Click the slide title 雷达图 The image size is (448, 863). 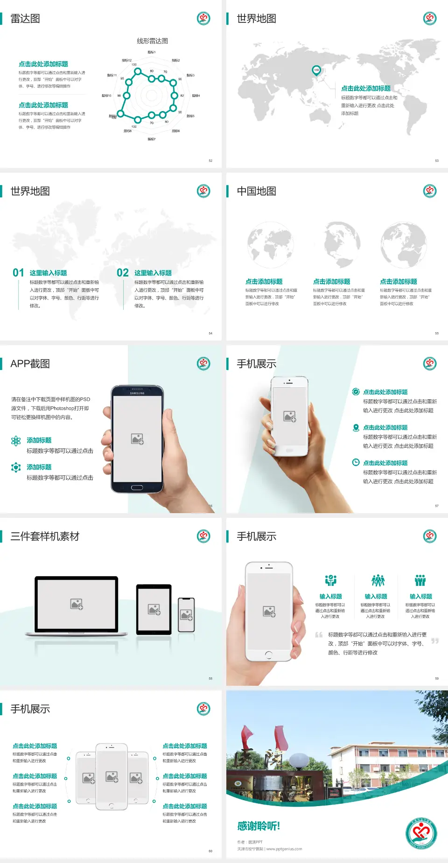pyautogui.click(x=25, y=19)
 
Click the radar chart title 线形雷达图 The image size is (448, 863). pyautogui.click(x=152, y=41)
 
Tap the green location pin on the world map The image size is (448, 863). pyautogui.click(x=316, y=70)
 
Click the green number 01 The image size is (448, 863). pyautogui.click(x=18, y=273)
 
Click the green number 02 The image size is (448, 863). pyautogui.click(x=123, y=273)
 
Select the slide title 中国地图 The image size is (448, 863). pyautogui.click(x=256, y=191)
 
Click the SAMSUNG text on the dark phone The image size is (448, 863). pyautogui.click(x=137, y=393)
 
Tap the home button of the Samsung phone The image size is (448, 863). pyautogui.click(x=137, y=487)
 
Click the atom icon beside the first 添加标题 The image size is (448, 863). pyautogui.click(x=16, y=441)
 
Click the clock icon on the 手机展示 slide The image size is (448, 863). pyautogui.click(x=356, y=462)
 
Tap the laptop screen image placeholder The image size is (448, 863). pyautogui.click(x=77, y=604)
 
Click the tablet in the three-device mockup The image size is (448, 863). pyautogui.click(x=154, y=609)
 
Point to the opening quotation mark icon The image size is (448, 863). pyautogui.click(x=319, y=634)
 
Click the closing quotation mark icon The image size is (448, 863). pyautogui.click(x=435, y=641)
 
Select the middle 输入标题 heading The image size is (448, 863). pyautogui.click(x=376, y=597)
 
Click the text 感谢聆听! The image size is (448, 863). pyautogui.click(x=259, y=826)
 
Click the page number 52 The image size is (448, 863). pyautogui.click(x=210, y=160)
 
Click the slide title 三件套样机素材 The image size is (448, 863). pyautogui.click(x=45, y=536)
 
